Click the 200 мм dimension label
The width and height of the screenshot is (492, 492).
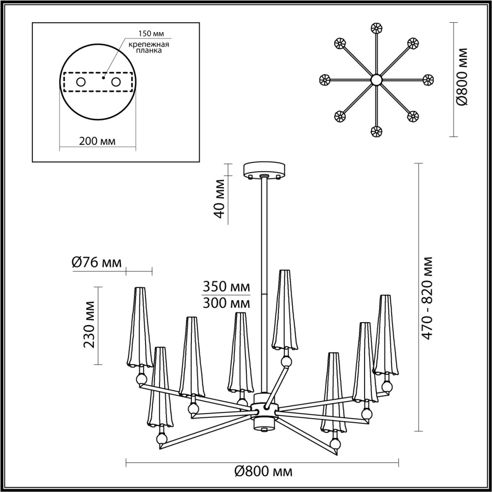tap(97, 142)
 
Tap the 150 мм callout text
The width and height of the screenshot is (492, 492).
tap(151, 33)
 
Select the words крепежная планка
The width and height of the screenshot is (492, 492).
tap(149, 47)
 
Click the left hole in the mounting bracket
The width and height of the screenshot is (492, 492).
tap(81, 82)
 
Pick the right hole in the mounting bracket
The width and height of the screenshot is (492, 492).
tap(116, 82)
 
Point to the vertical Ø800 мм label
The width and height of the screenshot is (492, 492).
tap(461, 77)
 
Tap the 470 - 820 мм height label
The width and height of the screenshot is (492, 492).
tap(427, 298)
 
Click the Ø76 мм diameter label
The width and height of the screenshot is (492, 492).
tap(96, 262)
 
